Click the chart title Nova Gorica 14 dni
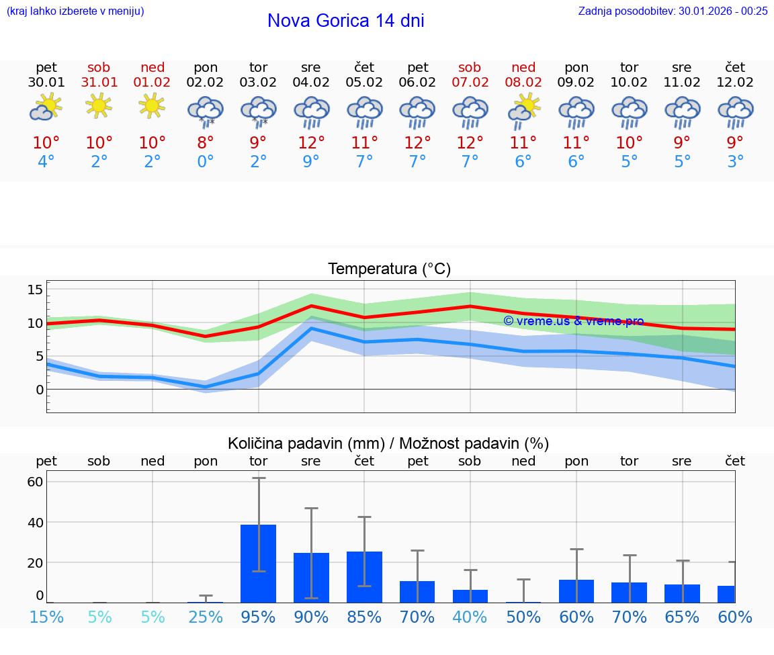(345, 21)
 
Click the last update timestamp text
(673, 11)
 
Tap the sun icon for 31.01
(99, 105)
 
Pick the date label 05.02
(364, 83)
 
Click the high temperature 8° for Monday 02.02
(205, 143)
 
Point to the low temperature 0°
(205, 162)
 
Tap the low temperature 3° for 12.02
(735, 162)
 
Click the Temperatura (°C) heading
(389, 269)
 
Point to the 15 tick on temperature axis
(35, 290)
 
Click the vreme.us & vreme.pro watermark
(573, 321)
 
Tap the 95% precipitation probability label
(258, 617)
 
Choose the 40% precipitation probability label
(470, 617)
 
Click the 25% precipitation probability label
(205, 617)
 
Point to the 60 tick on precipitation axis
(35, 482)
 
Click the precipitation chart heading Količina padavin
(388, 443)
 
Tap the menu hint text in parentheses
(75, 11)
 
